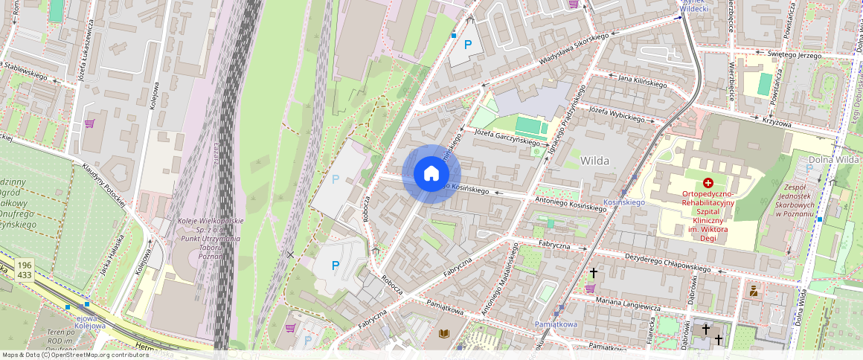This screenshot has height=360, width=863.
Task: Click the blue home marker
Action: [431, 174]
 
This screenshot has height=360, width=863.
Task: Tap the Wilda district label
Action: [594, 160]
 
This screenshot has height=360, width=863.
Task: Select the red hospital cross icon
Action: [708, 182]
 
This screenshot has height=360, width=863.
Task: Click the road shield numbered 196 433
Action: [25, 270]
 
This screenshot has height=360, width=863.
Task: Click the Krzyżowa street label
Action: [777, 121]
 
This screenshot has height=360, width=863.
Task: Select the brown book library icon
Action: [444, 335]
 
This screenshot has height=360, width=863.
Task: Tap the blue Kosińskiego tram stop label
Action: [623, 202]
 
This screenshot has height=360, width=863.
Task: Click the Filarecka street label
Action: [649, 330]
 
